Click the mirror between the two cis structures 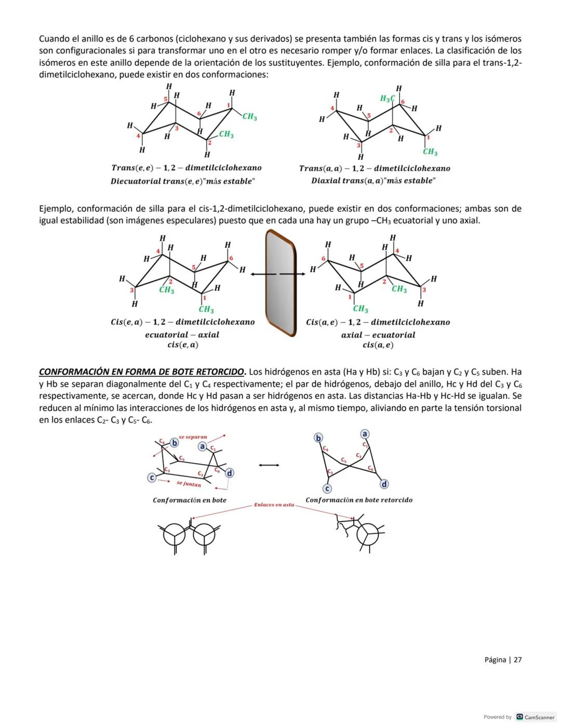(280, 283)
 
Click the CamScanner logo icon (519, 717)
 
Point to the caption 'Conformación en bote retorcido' (359, 500)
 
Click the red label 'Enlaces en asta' (274, 505)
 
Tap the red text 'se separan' (193, 438)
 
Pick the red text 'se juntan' (189, 484)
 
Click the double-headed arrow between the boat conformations (269, 465)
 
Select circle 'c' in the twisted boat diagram (327, 489)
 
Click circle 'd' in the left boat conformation (229, 472)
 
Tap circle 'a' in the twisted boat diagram (365, 434)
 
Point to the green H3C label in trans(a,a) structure (388, 99)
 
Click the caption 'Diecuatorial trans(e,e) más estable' (183, 181)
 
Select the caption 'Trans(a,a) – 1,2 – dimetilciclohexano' (375, 168)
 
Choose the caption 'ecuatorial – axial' (182, 335)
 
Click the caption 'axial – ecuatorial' (378, 335)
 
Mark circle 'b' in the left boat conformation (175, 443)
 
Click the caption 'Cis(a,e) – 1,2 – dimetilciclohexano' (378, 322)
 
